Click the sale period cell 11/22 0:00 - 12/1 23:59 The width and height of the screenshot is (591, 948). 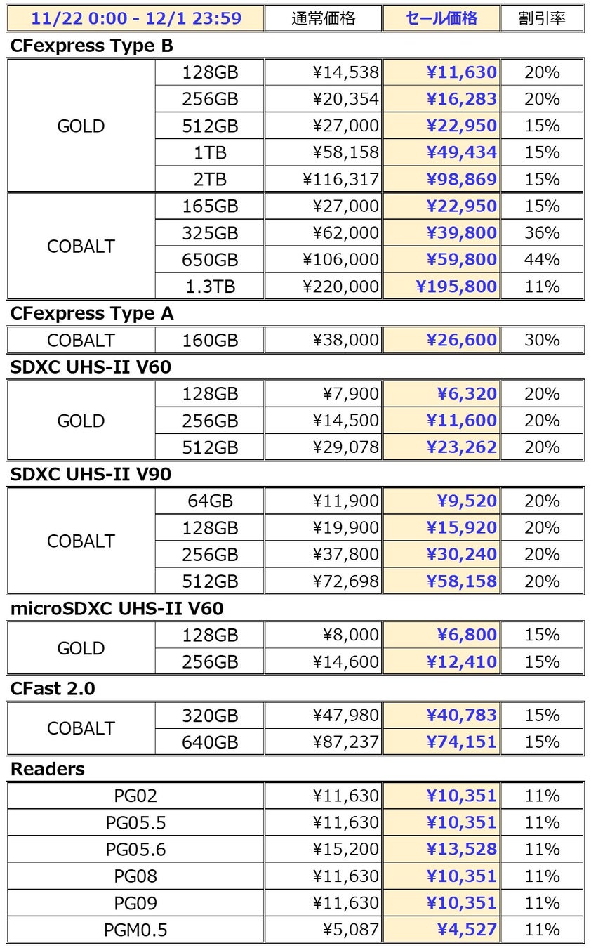(135, 18)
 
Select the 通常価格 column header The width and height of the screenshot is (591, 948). (323, 18)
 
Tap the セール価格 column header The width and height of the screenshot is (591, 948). (441, 18)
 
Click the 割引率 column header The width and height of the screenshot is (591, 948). (542, 18)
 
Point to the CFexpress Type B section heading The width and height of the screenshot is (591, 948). (92, 46)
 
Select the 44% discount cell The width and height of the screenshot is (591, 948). (542, 260)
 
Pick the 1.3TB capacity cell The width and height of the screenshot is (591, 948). (210, 287)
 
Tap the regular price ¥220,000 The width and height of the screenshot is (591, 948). (340, 287)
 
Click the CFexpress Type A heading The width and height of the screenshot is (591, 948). (92, 314)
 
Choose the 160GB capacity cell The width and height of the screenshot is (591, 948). (210, 341)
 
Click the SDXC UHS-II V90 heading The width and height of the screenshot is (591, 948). (91, 474)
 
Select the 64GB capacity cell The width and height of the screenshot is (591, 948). (210, 501)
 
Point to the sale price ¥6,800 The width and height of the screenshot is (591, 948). (466, 635)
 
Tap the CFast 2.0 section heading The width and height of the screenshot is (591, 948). (53, 689)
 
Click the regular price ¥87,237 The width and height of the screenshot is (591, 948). (345, 742)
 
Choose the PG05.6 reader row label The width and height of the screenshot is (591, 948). (135, 850)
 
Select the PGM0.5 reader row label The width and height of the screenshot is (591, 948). (135, 930)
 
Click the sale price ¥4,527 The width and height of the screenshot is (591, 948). (466, 930)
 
